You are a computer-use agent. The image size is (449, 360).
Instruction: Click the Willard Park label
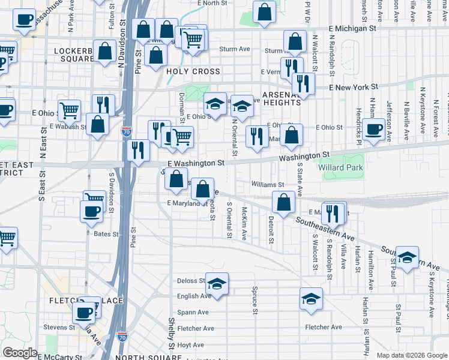tap(346, 168)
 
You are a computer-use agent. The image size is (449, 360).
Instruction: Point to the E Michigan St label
tap(352, 28)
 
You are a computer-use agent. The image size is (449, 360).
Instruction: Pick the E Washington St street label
tap(196, 163)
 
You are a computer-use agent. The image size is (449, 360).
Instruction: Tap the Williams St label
tap(268, 185)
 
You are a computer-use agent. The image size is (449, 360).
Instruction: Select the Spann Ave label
tap(193, 312)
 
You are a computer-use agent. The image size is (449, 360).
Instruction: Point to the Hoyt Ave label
tap(191, 345)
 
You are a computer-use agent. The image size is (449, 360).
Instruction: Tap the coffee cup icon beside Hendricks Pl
tap(373, 128)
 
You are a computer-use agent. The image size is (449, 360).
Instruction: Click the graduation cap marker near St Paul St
tap(407, 257)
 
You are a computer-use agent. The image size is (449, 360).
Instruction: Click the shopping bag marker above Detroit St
tap(284, 202)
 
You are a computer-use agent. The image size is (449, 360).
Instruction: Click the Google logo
tap(20, 353)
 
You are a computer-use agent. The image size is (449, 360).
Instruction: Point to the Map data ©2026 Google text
tap(411, 355)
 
